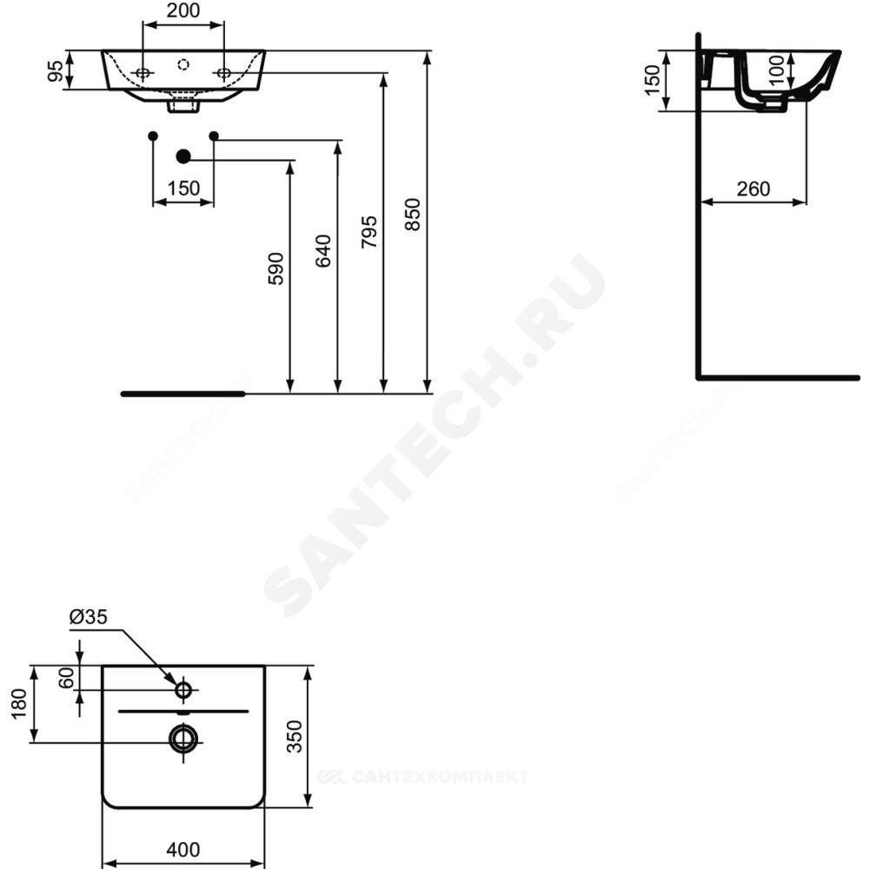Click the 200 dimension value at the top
(183, 10)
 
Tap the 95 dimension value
(56, 70)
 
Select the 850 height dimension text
(413, 215)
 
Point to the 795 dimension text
(368, 232)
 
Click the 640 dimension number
(323, 251)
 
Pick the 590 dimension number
(275, 269)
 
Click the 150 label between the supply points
(183, 189)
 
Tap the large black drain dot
(182, 156)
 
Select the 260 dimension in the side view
(753, 189)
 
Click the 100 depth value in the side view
(778, 70)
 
